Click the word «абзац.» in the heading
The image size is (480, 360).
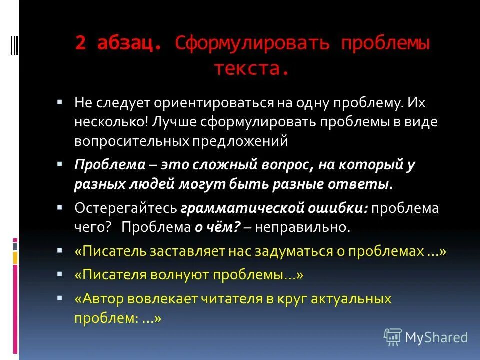point(130,43)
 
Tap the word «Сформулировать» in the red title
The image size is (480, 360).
point(252,43)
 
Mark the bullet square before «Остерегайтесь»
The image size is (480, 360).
point(60,206)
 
